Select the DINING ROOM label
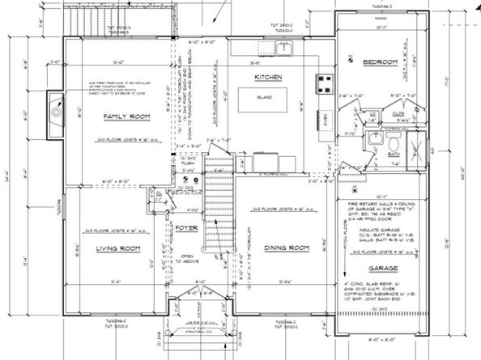[x=287, y=247]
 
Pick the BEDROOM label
[x=377, y=62]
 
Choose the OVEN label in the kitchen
[x=326, y=121]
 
